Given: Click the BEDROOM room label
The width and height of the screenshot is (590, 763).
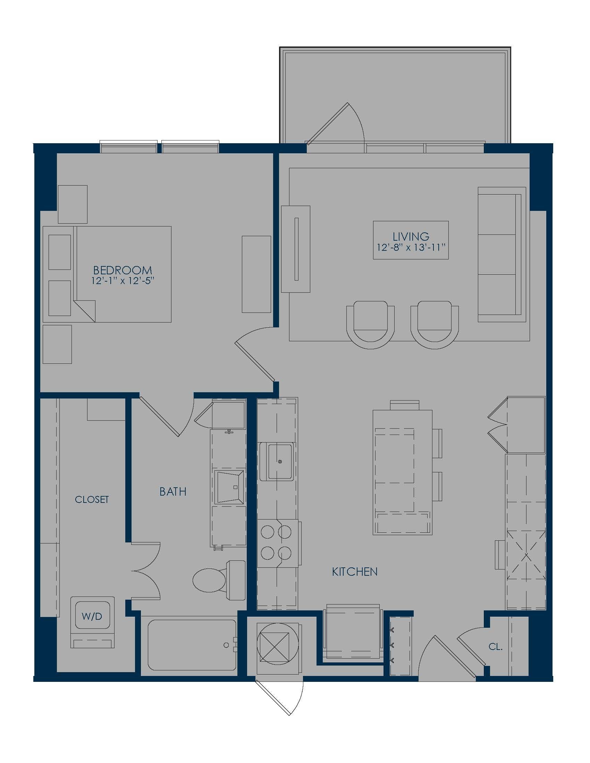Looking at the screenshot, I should point(123,270).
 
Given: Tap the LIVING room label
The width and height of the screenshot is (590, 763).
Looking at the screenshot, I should point(411,237).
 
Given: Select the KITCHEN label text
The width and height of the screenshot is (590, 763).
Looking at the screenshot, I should point(354,572).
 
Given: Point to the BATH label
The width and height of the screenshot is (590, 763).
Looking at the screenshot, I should point(173,492).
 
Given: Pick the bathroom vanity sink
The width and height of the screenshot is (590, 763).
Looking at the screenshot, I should point(229,487).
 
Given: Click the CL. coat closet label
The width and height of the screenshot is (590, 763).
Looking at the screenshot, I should point(495,647).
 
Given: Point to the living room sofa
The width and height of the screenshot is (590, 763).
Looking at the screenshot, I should point(501,254).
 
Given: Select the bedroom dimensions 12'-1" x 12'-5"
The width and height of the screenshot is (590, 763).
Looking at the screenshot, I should point(123,281).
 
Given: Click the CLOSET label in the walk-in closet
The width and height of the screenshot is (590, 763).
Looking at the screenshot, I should point(92,499).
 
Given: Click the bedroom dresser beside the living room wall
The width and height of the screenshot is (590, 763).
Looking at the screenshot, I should point(256,274).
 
